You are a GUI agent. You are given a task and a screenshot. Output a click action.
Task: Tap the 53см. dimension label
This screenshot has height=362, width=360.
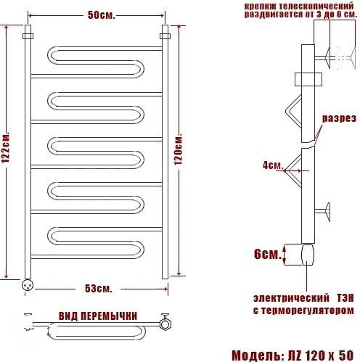[99, 289]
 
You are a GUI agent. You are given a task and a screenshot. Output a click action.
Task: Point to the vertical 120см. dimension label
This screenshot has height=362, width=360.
[179, 149]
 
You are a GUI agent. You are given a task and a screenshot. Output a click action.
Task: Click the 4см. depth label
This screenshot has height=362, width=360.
[273, 165]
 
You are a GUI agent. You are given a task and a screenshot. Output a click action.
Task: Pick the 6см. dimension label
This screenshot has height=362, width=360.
[268, 254]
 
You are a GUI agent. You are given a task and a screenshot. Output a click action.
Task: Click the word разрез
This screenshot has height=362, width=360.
[339, 118]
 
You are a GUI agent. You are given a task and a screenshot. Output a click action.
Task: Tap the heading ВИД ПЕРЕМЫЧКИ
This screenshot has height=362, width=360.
[98, 316]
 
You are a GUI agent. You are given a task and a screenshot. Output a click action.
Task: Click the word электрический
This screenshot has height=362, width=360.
[291, 298]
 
